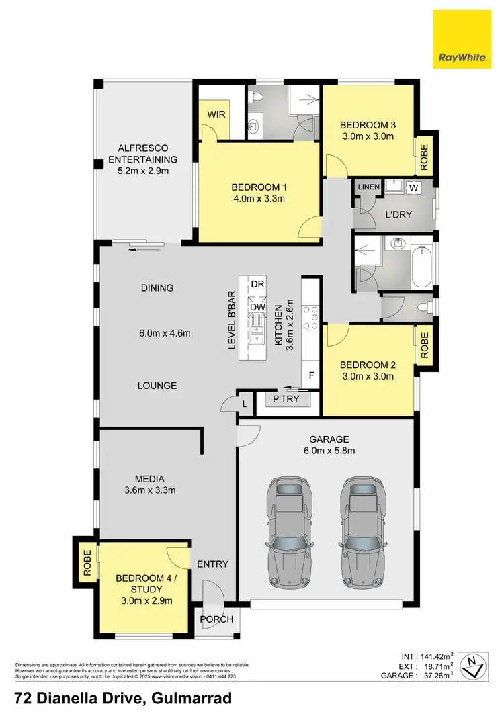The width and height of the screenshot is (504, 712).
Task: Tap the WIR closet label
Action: tap(216, 115)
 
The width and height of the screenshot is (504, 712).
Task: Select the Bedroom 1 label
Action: tap(259, 187)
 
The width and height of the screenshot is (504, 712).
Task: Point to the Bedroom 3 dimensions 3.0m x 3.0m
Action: tap(366, 136)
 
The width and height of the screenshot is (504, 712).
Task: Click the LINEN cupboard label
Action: tap(369, 186)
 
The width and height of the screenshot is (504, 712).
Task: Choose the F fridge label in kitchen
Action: tap(311, 376)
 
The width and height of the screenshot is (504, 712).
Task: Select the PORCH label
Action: tap(217, 619)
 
